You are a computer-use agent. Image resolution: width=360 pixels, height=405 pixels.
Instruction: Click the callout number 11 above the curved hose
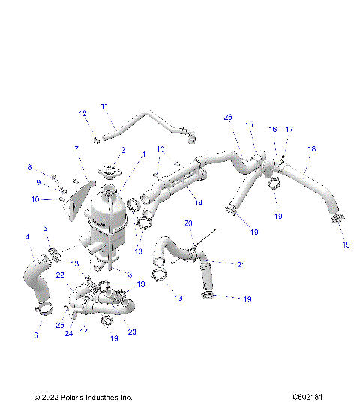tap(104, 106)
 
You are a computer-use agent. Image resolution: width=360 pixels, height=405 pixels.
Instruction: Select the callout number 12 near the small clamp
tap(83, 113)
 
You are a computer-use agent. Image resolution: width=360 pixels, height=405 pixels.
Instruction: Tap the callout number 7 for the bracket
tap(76, 150)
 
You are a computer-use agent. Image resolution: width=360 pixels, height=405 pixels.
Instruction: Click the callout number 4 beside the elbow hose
tap(28, 238)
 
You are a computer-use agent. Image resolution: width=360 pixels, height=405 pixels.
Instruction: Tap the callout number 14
tap(198, 202)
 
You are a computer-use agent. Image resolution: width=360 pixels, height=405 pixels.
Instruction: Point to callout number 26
tap(228, 117)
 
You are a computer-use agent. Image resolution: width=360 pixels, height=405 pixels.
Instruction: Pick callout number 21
tap(241, 263)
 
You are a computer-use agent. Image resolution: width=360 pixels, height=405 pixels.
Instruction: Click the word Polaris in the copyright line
tap(80, 397)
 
